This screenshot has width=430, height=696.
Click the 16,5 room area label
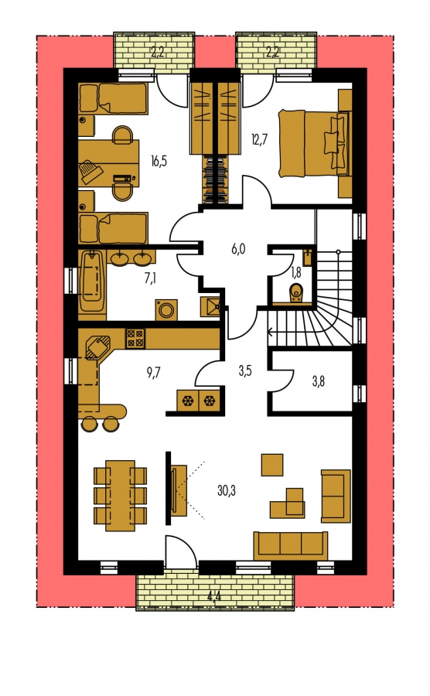point(159,161)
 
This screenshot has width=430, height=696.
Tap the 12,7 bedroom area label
point(260,140)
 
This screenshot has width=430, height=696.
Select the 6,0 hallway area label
point(238,249)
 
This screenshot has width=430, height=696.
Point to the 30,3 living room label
point(227,490)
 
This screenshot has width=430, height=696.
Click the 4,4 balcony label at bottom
point(214,596)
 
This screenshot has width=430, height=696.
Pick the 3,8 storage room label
point(318,380)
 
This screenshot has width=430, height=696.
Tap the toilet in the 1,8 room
point(295,293)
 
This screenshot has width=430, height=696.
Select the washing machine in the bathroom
point(166,310)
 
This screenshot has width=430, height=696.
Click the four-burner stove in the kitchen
point(135,338)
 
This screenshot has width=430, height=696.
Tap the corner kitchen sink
point(97,347)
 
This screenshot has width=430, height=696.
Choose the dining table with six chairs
point(120,495)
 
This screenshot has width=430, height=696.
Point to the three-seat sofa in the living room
point(291,545)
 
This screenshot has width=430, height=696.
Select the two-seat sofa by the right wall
point(336,496)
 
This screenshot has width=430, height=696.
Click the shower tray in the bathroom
point(210,306)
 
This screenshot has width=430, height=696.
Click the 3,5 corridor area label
point(245,371)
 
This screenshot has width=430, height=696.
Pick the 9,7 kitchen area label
point(154,372)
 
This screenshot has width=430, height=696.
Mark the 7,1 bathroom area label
point(150,279)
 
